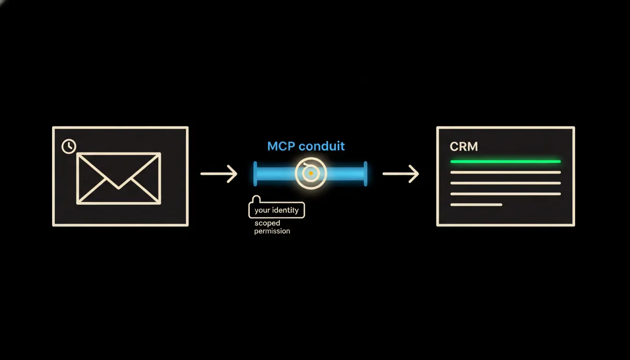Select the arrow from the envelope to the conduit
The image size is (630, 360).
pyautogui.click(x=219, y=174)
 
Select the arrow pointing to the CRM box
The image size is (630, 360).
pyautogui.click(x=401, y=174)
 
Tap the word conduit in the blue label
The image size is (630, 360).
pyautogui.click(x=322, y=146)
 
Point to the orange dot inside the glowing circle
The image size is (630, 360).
pyautogui.click(x=311, y=173)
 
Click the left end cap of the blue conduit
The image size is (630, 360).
pyautogui.click(x=255, y=174)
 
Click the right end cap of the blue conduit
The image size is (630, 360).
pyautogui.click(x=365, y=174)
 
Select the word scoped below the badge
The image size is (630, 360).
pyautogui.click(x=267, y=223)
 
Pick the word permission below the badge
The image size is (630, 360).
pyautogui.click(x=272, y=231)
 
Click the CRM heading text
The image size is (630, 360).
pyautogui.click(x=464, y=147)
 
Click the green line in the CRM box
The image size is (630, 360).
pyautogui.click(x=505, y=162)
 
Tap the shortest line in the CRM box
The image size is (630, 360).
pyautogui.click(x=476, y=205)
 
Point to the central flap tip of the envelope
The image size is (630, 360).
pyautogui.click(x=119, y=188)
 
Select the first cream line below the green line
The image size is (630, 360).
pyautogui.click(x=505, y=172)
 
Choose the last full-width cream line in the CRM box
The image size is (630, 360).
pyautogui.click(x=505, y=194)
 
